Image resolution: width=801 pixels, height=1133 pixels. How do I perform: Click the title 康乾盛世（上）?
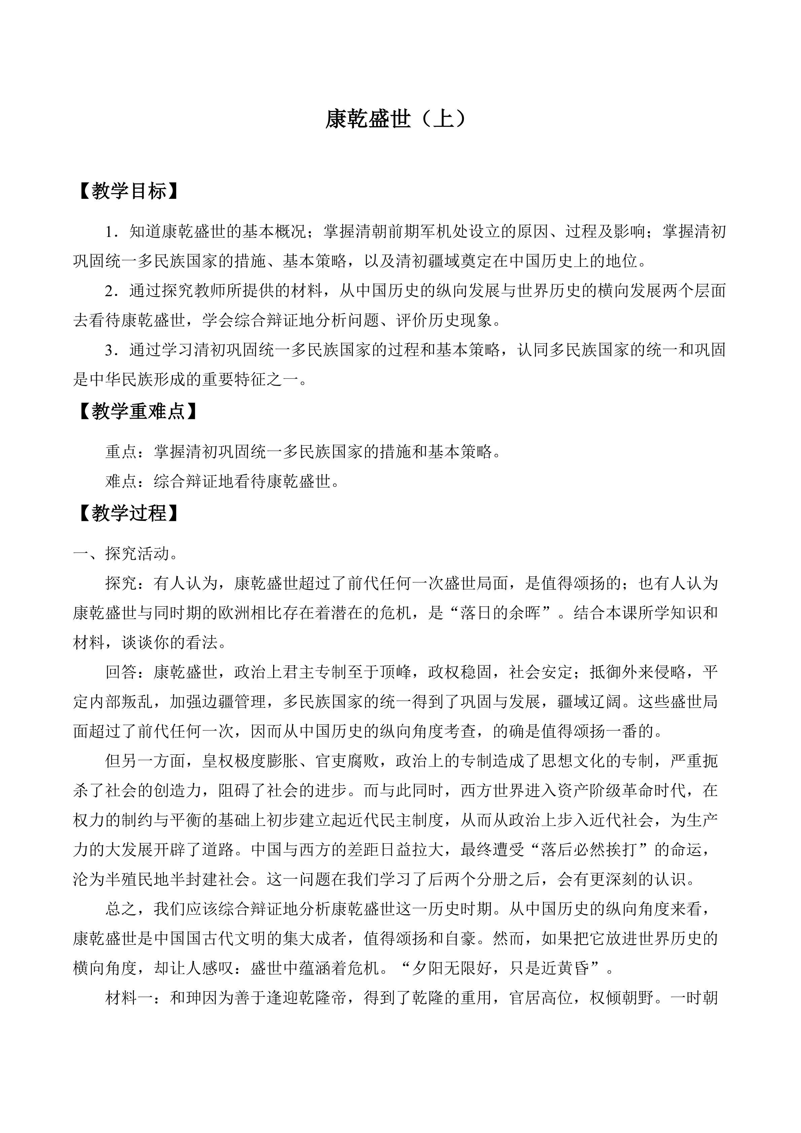396,120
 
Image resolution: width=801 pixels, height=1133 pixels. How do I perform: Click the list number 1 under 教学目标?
109,232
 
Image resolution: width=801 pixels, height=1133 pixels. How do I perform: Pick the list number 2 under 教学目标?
109,291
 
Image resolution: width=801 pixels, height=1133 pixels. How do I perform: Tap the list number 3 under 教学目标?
109,350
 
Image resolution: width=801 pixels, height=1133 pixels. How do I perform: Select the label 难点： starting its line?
129,481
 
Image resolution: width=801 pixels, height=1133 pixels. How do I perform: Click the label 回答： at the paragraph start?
129,672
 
